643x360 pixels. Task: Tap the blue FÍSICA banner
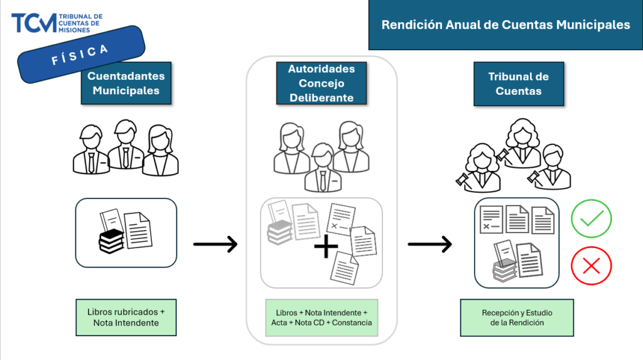click(x=81, y=55)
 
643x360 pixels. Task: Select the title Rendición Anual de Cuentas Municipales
click(x=505, y=25)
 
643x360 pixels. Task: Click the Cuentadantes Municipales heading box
click(x=126, y=83)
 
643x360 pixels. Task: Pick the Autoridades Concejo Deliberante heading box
click(x=321, y=83)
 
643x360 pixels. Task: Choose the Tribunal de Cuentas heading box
click(x=518, y=83)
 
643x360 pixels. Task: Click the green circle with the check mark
click(x=591, y=219)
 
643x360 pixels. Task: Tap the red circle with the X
click(x=591, y=266)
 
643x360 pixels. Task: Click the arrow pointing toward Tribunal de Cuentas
click(x=430, y=244)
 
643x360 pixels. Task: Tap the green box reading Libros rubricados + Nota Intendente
click(x=126, y=317)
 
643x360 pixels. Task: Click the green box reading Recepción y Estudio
click(x=517, y=317)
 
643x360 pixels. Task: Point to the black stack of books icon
click(x=112, y=241)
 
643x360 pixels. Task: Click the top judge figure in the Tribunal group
click(x=523, y=143)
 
